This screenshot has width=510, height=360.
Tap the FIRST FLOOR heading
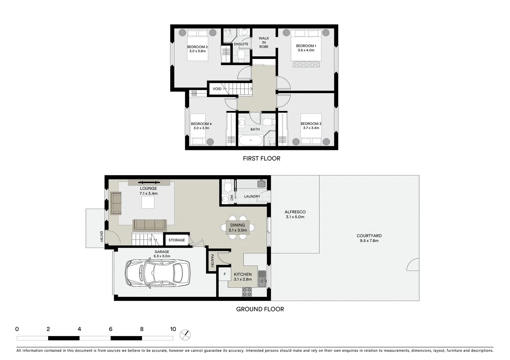pos(262,158)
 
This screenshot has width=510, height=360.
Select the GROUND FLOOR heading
pos(260,309)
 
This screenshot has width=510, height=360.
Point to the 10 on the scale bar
pos(173,329)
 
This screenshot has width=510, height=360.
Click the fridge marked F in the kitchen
pos(224,274)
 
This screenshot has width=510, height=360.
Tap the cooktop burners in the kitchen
pos(247,292)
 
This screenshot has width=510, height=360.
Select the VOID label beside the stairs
pos(217,89)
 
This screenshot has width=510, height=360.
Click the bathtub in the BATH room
pos(250,140)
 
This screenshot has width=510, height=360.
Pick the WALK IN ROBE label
pos(264,42)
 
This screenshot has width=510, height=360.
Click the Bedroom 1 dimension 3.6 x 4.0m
pos(306,50)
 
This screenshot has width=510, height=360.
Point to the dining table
pos(237,228)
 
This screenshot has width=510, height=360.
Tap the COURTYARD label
pos(369,236)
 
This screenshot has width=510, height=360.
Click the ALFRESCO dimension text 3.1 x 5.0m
pos(295,217)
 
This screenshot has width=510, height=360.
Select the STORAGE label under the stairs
pos(176,240)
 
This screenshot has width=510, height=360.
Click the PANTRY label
pos(212,261)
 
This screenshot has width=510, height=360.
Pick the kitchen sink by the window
pos(262,279)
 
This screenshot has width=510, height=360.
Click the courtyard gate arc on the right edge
pos(414,265)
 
